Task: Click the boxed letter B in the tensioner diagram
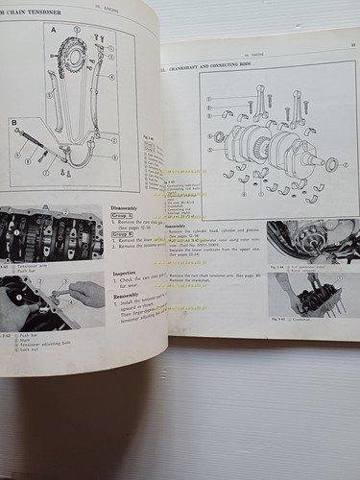(16, 123)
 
